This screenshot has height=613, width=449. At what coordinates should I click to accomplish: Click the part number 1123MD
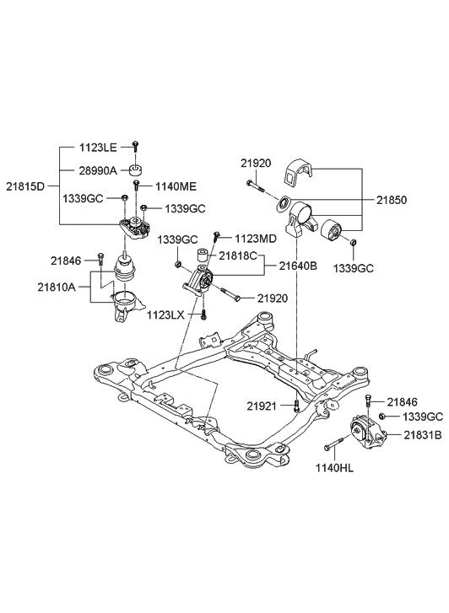point(255,239)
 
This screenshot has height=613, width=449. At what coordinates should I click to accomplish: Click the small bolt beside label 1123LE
point(135,147)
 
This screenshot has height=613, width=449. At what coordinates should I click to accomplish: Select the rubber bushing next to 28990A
point(135,169)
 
